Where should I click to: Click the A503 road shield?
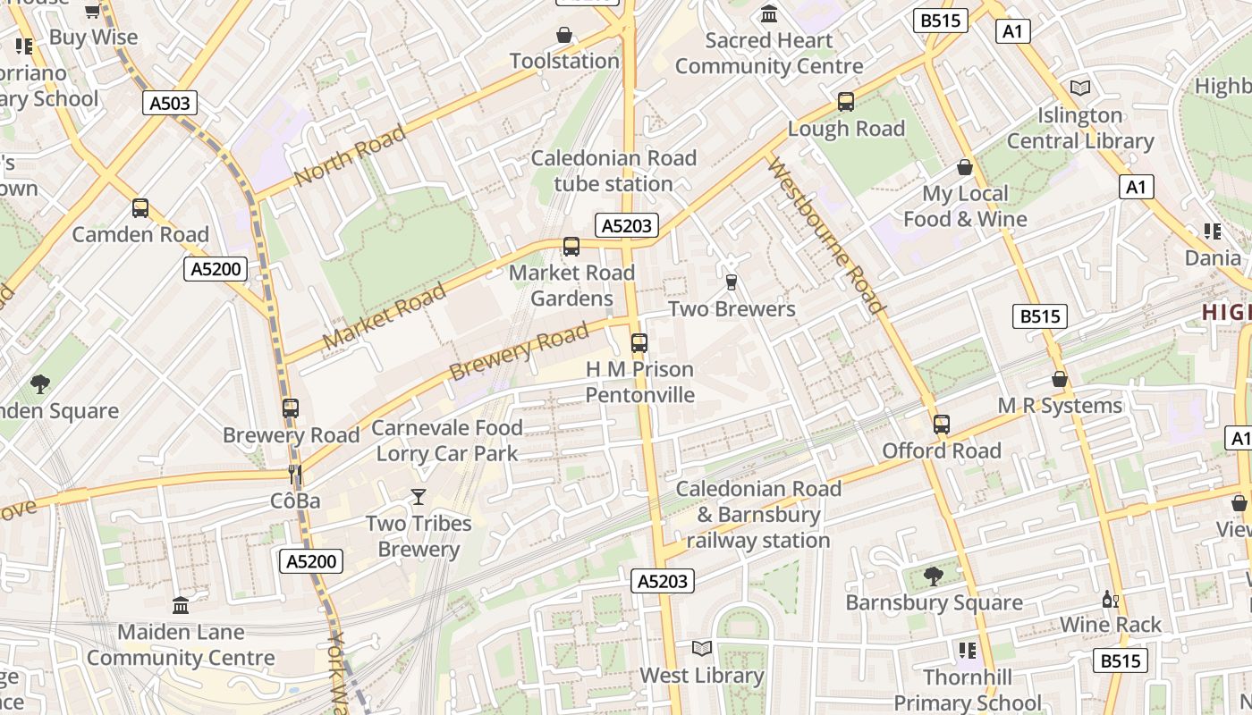click(169, 104)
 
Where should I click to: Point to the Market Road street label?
click(384, 317)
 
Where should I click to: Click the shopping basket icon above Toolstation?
click(564, 35)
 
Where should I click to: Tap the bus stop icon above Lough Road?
click(846, 102)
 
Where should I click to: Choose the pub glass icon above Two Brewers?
click(732, 282)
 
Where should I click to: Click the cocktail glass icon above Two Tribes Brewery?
click(418, 497)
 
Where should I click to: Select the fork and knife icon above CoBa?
click(295, 474)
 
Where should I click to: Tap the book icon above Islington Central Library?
click(1080, 88)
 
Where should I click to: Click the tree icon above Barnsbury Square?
click(934, 576)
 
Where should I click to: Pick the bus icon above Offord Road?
click(941, 425)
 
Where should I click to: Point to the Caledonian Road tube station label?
click(613, 171)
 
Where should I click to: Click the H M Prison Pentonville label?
click(639, 382)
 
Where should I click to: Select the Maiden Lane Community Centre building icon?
click(181, 606)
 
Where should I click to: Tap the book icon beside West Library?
click(702, 648)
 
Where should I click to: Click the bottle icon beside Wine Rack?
click(1110, 599)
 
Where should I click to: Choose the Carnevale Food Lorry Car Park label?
click(447, 441)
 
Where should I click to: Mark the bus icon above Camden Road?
click(140, 208)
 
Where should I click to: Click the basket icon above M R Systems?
click(1060, 380)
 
